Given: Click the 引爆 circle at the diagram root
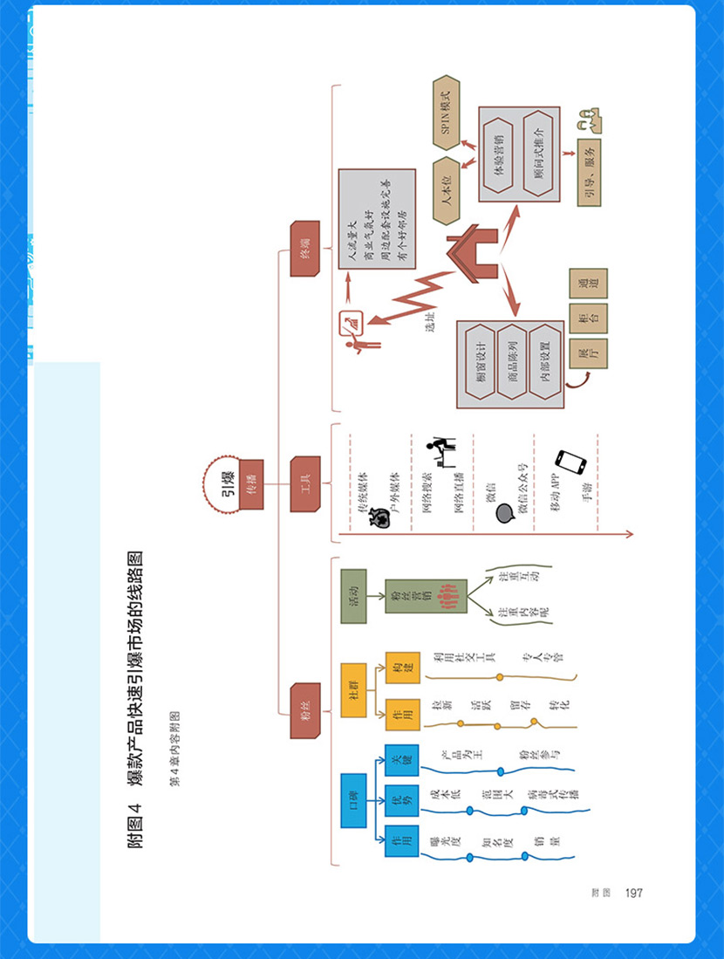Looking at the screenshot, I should click(228, 478).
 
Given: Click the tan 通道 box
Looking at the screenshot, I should click(588, 283).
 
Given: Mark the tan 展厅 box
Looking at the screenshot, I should click(588, 353).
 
